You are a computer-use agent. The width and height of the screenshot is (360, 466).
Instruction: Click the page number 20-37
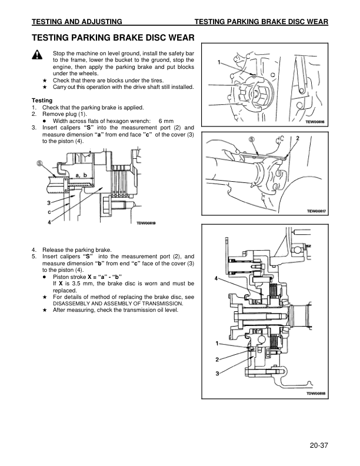[316, 445]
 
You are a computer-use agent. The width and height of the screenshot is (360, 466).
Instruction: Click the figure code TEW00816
[315, 122]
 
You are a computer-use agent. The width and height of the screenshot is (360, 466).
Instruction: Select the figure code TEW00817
[315, 211]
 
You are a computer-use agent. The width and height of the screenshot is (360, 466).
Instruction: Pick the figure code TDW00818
[315, 394]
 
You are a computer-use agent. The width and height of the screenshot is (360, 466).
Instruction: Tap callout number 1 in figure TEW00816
[219, 62]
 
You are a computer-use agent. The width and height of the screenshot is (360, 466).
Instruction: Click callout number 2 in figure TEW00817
[298, 138]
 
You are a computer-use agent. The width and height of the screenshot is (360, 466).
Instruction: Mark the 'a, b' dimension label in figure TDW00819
[81, 175]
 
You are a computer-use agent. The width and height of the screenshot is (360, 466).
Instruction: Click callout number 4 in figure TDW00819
[49, 222]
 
